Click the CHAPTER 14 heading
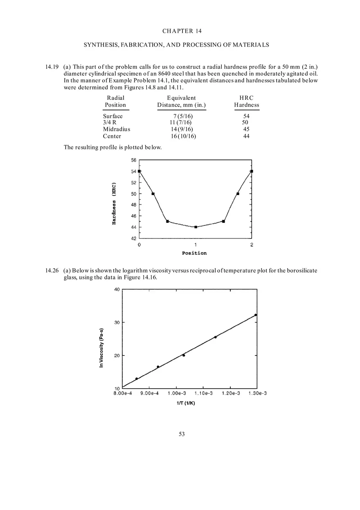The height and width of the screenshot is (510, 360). tap(182, 31)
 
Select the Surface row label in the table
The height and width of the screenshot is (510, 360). tap(112, 116)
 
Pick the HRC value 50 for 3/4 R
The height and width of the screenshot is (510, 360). tap(245, 122)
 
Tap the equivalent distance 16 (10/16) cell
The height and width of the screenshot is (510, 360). tap(183, 136)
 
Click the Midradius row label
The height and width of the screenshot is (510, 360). tap(116, 129)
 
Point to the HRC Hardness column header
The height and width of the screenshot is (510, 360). tap(246, 101)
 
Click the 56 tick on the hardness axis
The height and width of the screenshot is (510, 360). tap(134, 160)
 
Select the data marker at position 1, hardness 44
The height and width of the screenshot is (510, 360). tap(196, 227)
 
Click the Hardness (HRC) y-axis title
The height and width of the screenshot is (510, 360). tap(114, 203)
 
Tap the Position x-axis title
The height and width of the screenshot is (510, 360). tap(194, 253)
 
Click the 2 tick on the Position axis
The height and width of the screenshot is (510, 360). tap(252, 245)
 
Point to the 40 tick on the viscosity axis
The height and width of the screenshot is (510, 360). tap(117, 290)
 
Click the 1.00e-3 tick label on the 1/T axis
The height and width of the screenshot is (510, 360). tap(176, 393)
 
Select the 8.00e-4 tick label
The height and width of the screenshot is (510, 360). tap(122, 393)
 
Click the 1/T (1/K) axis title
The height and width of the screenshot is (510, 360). tap(189, 403)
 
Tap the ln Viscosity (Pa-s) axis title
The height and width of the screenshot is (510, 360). tap(101, 348)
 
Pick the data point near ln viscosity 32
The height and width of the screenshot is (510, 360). tap(256, 315)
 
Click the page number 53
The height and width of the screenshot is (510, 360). tap(182, 434)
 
